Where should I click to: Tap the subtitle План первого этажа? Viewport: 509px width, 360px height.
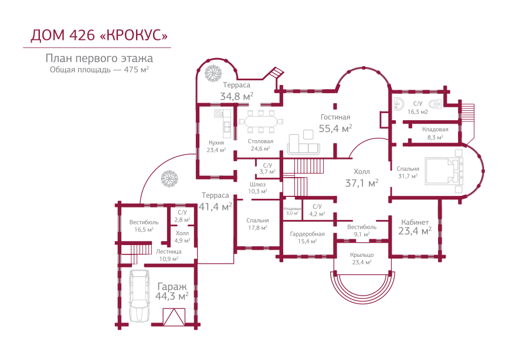(99, 59)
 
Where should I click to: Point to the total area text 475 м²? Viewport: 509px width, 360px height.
(137, 69)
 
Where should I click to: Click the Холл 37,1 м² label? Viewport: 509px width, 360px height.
(361, 178)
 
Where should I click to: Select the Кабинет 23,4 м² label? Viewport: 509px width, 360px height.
(415, 226)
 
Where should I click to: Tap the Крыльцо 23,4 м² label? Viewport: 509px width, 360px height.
(361, 259)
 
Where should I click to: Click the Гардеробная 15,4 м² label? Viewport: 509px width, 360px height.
(307, 237)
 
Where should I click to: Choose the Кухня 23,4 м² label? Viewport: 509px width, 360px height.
(216, 146)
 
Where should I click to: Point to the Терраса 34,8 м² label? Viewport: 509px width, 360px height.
(236, 91)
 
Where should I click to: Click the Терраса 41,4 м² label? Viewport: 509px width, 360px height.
(215, 201)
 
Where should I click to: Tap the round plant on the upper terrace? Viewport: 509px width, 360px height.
(212, 73)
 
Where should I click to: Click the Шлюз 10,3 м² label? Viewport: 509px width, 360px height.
(258, 187)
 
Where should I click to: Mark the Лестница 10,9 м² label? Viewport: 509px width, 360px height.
(168, 255)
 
